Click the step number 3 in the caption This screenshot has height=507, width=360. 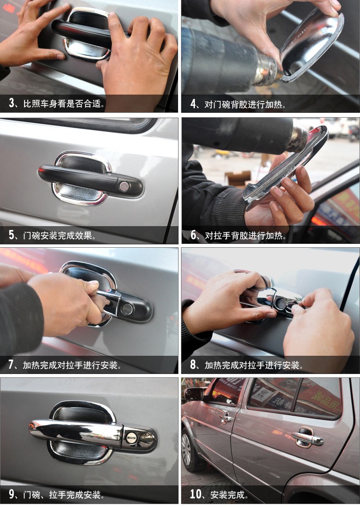pos(12,103)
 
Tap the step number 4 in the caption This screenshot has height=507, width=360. pos(193,104)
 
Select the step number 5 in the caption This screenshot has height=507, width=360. pos(12,235)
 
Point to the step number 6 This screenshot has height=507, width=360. pos(193,235)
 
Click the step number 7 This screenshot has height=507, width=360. pos(12,364)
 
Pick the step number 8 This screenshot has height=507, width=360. pos(193,365)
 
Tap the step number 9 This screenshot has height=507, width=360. pos(12,494)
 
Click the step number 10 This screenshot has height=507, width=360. pos(196,494)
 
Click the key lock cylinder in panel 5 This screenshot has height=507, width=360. pos(124,186)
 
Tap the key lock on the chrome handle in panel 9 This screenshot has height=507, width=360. pos(131,438)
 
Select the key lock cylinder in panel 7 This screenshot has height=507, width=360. pos(127,309)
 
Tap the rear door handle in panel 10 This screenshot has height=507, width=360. pos(307,437)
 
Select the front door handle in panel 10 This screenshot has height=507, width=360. pos(226,418)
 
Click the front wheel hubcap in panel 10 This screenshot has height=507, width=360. pos(186,450)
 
